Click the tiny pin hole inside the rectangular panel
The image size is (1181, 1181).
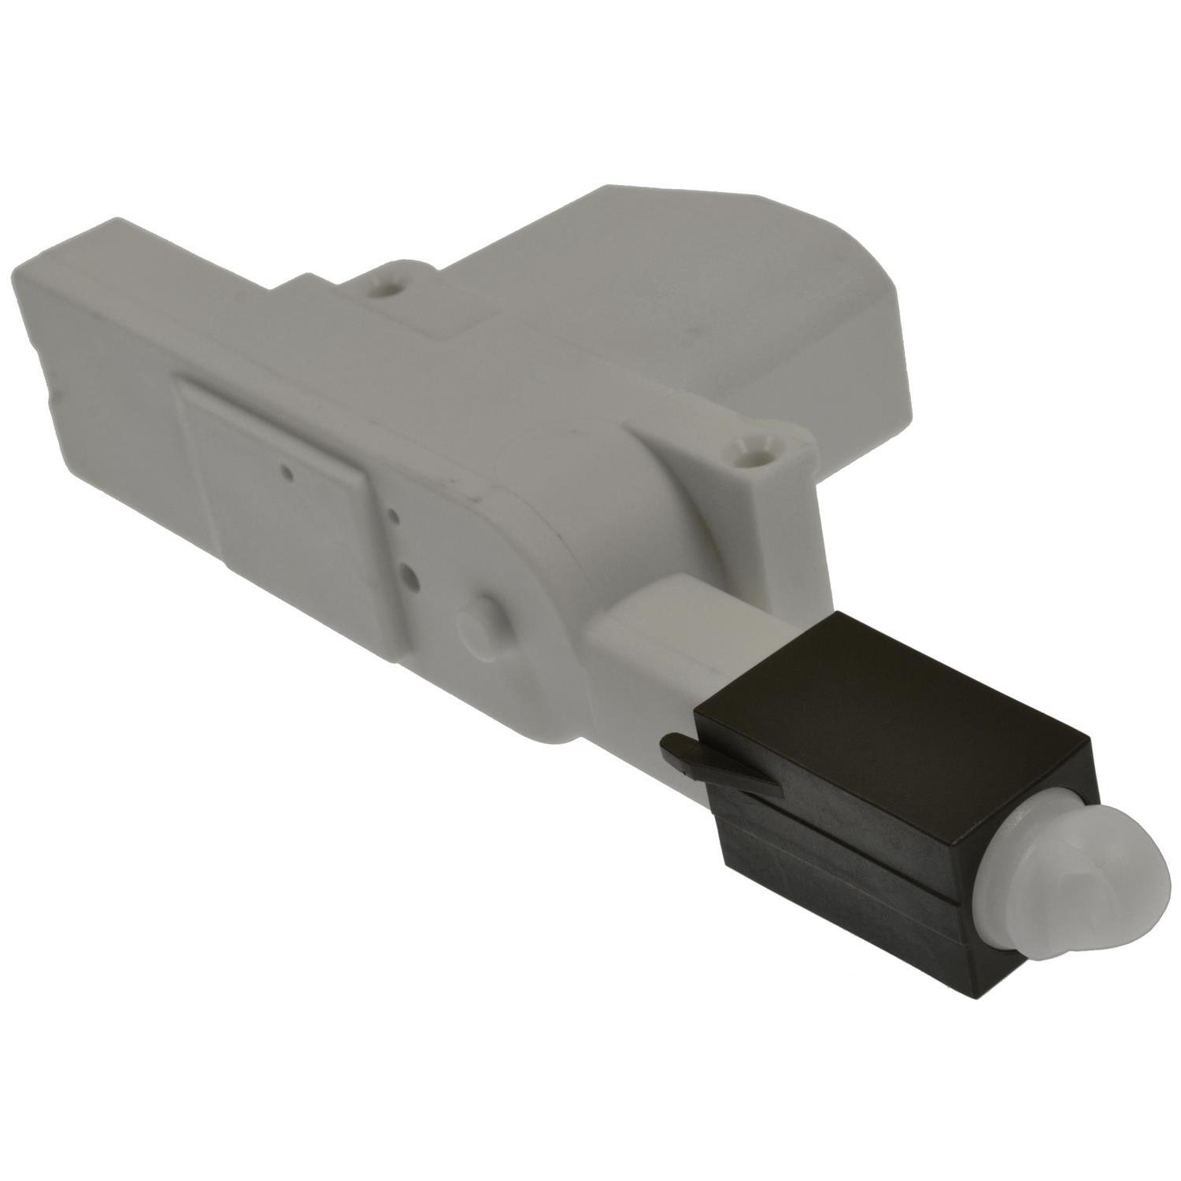pos(288,473)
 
